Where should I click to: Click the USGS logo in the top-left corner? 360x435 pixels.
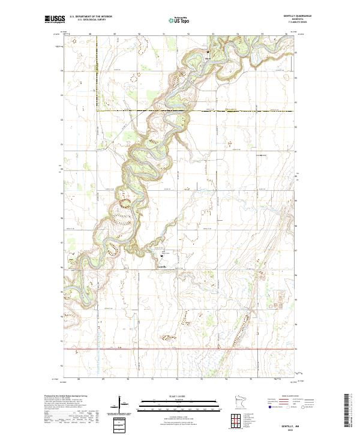click(55, 20)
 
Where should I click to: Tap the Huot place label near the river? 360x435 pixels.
click(209, 59)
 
